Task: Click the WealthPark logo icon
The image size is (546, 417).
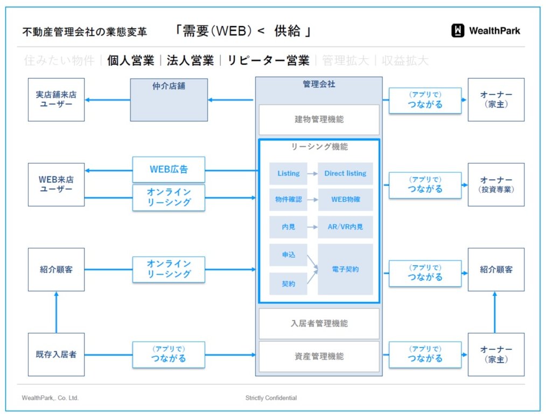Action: click(458, 31)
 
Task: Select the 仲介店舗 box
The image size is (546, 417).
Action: click(169, 100)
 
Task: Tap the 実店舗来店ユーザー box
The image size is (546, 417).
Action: click(56, 100)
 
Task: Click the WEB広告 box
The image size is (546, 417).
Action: click(169, 169)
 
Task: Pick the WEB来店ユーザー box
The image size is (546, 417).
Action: click(56, 185)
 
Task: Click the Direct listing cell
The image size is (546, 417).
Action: click(345, 173)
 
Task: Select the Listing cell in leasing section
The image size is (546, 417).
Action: click(288, 173)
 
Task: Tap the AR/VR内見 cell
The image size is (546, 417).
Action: click(345, 227)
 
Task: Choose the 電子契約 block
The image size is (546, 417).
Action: click(345, 269)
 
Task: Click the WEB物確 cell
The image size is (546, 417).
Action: click(345, 200)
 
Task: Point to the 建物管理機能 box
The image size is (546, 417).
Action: click(319, 120)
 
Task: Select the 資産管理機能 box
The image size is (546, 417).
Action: click(319, 356)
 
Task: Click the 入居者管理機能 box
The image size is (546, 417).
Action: click(319, 324)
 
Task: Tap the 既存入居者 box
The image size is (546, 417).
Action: click(56, 355)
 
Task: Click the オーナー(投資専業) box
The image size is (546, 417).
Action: click(496, 185)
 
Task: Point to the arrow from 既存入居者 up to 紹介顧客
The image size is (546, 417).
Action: click(57, 312)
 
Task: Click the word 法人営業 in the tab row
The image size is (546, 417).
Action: click(190, 61)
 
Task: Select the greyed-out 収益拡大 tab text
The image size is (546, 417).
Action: click(404, 61)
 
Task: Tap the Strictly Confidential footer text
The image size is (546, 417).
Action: click(271, 398)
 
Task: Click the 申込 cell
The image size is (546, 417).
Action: click(288, 255)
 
